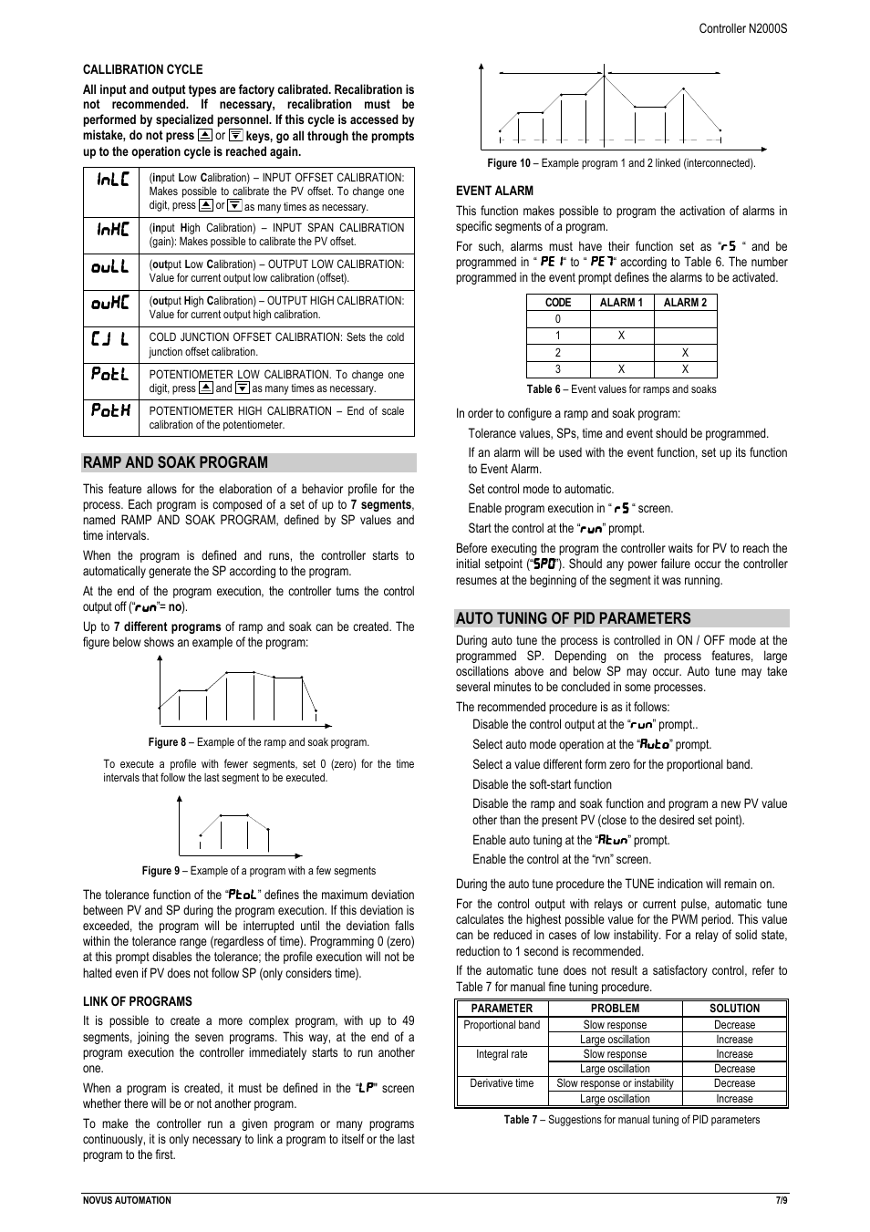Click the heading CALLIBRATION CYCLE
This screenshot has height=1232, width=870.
pos(142,69)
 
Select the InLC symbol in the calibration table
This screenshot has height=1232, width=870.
pos(113,180)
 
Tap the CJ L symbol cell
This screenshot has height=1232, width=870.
pos(110,339)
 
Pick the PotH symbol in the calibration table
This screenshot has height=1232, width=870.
pos(110,410)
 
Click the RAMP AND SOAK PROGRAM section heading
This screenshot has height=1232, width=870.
pos(175,462)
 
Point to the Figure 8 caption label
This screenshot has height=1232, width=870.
pos(167,742)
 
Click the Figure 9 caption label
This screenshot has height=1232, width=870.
pos(161,871)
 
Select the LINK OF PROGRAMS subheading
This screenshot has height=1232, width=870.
pos(137,1001)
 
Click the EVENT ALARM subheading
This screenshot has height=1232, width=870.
pos(494,191)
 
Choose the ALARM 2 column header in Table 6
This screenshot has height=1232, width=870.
pos(685,303)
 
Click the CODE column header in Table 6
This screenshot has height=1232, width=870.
pos(558,303)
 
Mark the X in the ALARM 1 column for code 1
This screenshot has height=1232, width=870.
pos(621,336)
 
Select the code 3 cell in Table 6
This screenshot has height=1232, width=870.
pos(558,369)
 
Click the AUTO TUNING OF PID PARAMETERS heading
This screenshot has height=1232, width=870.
pos(573,618)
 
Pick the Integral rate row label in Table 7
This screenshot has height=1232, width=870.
pos(502,1054)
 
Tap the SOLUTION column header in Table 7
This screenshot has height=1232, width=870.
pos(734,1009)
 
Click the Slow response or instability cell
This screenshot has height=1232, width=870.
pos(615,1083)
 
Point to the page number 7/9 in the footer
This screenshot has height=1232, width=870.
pos(781,1200)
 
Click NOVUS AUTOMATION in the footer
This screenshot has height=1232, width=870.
pos(127,1200)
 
